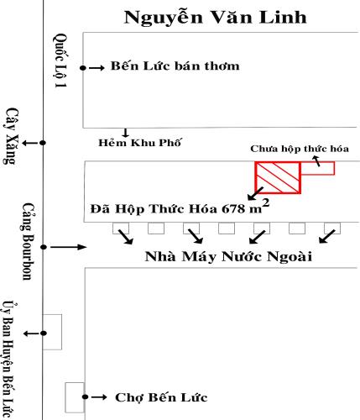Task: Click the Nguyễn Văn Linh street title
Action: pyautogui.click(x=215, y=18)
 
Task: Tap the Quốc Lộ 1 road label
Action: pyautogui.click(x=60, y=60)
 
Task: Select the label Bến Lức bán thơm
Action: pyautogui.click(x=175, y=66)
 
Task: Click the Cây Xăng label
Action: pyautogui.click(x=11, y=136)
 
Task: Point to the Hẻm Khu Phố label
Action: pyautogui.click(x=140, y=143)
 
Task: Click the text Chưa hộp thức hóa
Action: pyautogui.click(x=300, y=149)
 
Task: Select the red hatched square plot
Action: pyautogui.click(x=278, y=177)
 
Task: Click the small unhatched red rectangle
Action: pyautogui.click(x=317, y=168)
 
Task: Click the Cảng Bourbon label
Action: pyautogui.click(x=28, y=242)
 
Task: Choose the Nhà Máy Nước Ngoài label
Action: pyautogui.click(x=228, y=256)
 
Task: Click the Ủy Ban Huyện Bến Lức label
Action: pyautogui.click(x=9, y=360)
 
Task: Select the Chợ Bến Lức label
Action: pyautogui.click(x=161, y=397)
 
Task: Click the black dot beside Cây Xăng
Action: pyautogui.click(x=43, y=143)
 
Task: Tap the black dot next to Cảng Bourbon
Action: pyautogui.click(x=44, y=247)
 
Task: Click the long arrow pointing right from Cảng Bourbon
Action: pyautogui.click(x=69, y=247)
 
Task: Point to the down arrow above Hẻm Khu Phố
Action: pyautogui.click(x=125, y=133)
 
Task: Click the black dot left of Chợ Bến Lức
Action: pyautogui.click(x=86, y=396)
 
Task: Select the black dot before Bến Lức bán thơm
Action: pyautogui.click(x=83, y=68)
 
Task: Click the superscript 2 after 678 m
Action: pyautogui.click(x=266, y=202)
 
